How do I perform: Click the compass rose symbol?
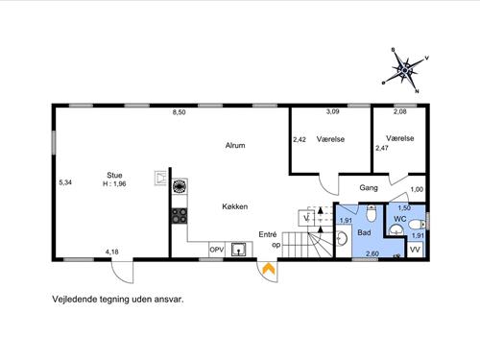[406, 70]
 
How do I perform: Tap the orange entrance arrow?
[269, 269]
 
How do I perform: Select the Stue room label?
[114, 175]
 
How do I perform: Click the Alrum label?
[235, 145]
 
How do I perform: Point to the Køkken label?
[235, 206]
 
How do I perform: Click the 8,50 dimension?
[180, 112]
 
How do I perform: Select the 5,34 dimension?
[65, 182]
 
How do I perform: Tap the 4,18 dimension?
[112, 252]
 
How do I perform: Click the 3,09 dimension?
[332, 111]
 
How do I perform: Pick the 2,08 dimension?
[400, 111]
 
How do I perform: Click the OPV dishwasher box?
[217, 250]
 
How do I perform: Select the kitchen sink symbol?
[239, 250]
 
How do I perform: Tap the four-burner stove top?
[180, 215]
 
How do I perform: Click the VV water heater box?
[415, 250]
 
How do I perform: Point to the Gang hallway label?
[369, 188]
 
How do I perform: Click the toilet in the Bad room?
[372, 213]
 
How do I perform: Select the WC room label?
[400, 219]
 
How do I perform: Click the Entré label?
[268, 234]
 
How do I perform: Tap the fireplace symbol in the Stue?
[160, 179]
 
